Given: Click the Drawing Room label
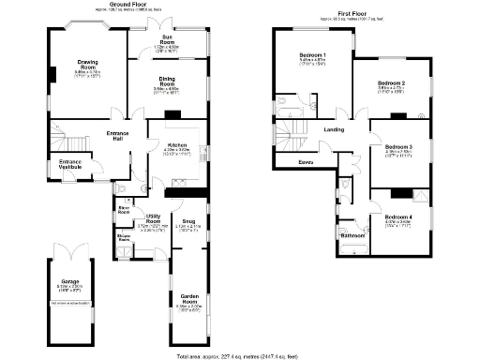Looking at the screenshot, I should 87,66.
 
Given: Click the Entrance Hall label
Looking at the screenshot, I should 118,137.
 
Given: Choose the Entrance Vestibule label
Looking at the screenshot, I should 70,164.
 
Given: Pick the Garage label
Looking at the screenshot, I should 70,281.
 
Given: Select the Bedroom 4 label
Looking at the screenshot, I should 398,217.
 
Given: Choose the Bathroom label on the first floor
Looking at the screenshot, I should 352,235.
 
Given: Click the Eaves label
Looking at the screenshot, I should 307,162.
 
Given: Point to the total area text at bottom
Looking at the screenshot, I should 238,355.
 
